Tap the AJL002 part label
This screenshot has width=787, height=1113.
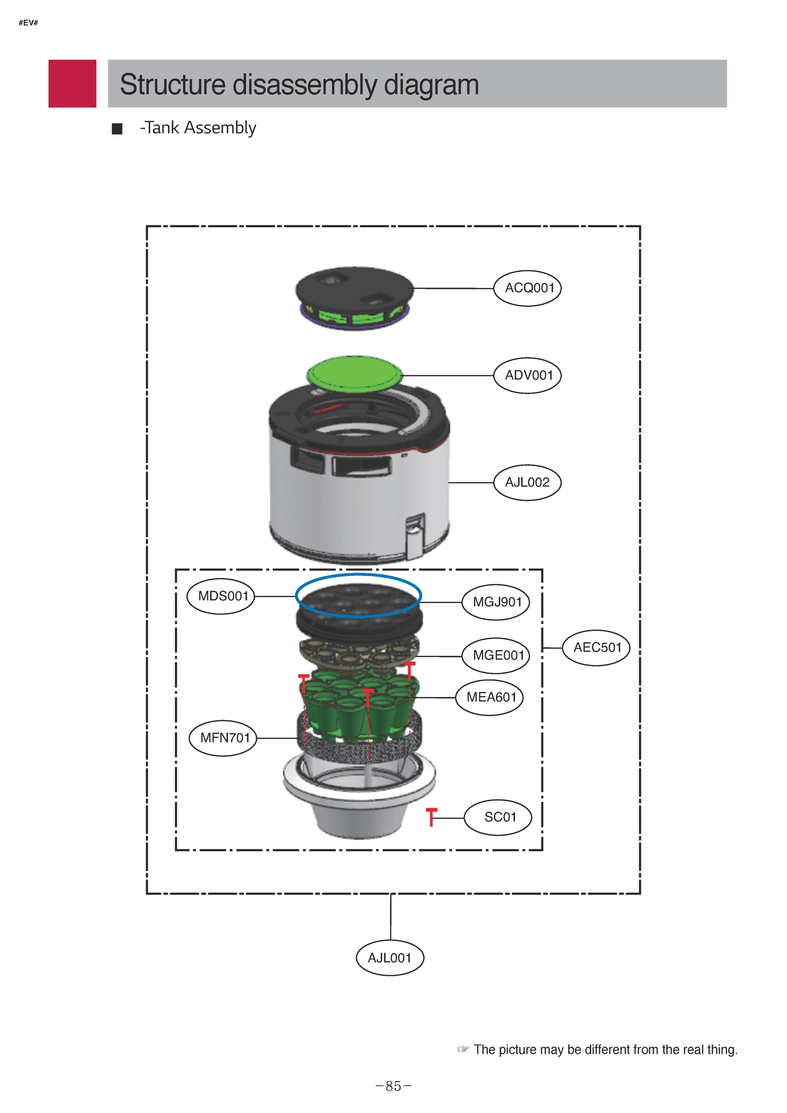pos(527,483)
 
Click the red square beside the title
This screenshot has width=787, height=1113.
pos(72,83)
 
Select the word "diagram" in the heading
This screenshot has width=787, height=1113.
pos(431,84)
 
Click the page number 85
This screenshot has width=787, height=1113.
pos(393,1087)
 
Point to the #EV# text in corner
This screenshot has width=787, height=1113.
pos(28,23)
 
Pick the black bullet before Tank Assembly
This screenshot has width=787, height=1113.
pos(117,129)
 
